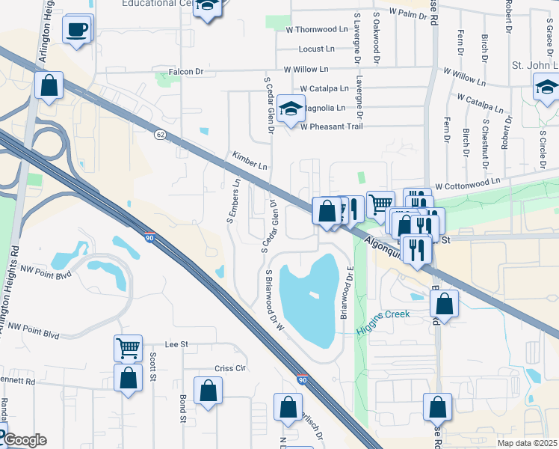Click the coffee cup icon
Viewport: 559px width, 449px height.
pos(77,31)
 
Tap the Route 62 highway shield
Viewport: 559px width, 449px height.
pos(160,134)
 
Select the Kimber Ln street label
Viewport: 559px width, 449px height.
pos(250,162)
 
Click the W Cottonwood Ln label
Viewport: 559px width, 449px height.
pos(467,183)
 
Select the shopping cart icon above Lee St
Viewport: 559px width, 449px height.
pos(128,348)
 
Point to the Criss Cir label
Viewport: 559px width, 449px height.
pos(230,368)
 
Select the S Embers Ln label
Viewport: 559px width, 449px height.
pos(234,201)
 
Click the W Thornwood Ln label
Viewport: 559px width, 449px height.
pos(318,30)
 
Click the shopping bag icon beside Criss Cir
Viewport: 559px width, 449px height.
pos(208,391)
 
